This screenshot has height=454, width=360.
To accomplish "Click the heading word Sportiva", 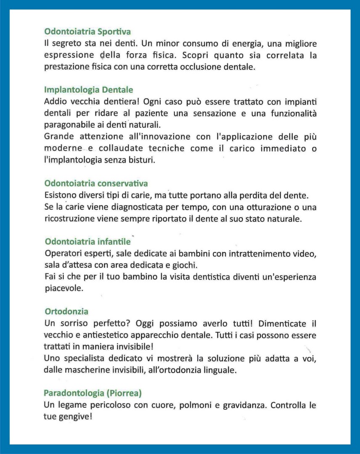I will pos(114,32).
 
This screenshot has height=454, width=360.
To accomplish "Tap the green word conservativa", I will pos(122,183).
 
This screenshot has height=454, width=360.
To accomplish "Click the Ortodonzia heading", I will pos(66,311).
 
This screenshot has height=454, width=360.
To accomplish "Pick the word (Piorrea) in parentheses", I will pos(124,393).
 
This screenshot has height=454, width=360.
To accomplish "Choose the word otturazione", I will pos(251,207).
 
